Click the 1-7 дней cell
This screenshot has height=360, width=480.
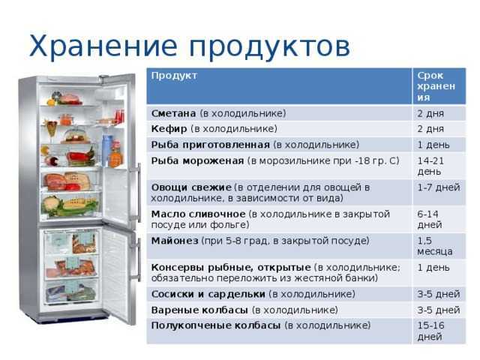[438, 187]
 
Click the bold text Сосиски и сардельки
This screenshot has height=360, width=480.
[208, 293]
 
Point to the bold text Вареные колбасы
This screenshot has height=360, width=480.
[199, 309]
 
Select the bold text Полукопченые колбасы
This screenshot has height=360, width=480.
[216, 325]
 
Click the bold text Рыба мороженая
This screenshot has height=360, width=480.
[197, 160]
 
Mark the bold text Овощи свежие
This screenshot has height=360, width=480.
[190, 187]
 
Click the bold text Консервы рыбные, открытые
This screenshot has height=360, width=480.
[231, 267]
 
